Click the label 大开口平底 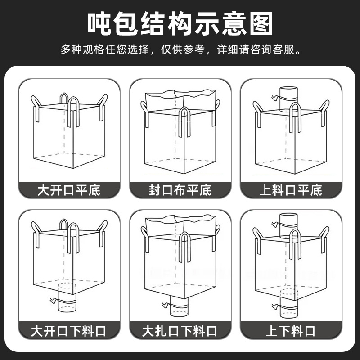69,190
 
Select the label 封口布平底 180,190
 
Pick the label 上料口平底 291,190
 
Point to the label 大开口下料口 69,332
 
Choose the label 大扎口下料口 180,332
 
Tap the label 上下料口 291,332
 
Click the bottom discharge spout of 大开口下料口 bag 69,301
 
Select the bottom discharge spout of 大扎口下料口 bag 179,307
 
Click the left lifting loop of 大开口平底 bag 36,108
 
